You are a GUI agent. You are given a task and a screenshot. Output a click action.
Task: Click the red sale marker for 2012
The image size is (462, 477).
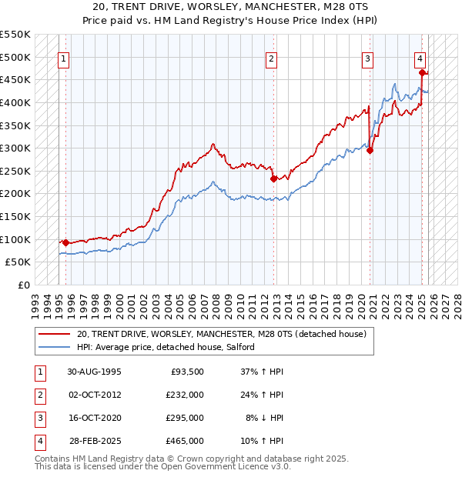point(273,178)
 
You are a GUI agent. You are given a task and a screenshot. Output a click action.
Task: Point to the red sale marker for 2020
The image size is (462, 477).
point(370,150)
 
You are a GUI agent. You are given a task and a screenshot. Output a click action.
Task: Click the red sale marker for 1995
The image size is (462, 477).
point(65,242)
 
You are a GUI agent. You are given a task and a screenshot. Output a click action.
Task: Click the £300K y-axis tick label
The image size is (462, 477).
point(15,148)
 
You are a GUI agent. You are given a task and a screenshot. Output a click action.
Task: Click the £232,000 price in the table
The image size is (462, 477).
point(184,395)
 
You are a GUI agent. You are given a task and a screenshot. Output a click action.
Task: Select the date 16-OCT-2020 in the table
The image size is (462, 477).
point(94,418)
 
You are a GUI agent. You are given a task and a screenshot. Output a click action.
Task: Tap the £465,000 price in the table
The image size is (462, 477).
point(184,442)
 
